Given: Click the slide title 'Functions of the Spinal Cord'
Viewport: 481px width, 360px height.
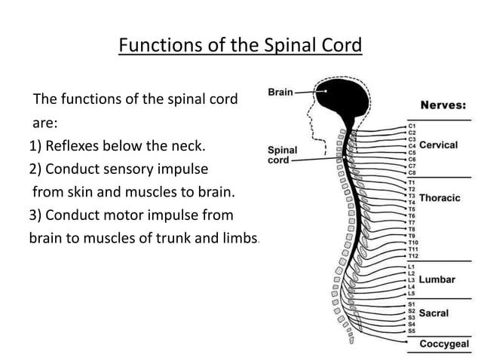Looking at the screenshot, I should tap(240, 46).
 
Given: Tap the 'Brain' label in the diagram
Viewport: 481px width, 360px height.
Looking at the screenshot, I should tap(280, 92).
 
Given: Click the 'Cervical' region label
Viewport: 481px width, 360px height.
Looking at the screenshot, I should tap(439, 145).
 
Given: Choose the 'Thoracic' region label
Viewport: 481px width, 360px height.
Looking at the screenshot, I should tap(440, 198).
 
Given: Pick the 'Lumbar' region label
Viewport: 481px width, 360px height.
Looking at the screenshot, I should tap(437, 279).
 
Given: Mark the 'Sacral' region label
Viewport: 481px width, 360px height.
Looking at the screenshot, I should tap(434, 313).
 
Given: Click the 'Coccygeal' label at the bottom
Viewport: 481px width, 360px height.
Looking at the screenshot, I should tap(444, 344).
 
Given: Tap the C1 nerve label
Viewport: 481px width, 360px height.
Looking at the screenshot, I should tap(412, 125).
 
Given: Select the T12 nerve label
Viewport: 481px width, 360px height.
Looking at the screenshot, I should tap(413, 256).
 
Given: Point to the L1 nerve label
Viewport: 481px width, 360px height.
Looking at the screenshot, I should tap(412, 267).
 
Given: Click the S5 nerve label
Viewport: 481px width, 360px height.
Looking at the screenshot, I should tap(412, 331).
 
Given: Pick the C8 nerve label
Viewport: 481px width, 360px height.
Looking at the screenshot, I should tap(412, 172).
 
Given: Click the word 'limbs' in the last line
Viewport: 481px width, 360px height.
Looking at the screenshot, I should tap(239, 238).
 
